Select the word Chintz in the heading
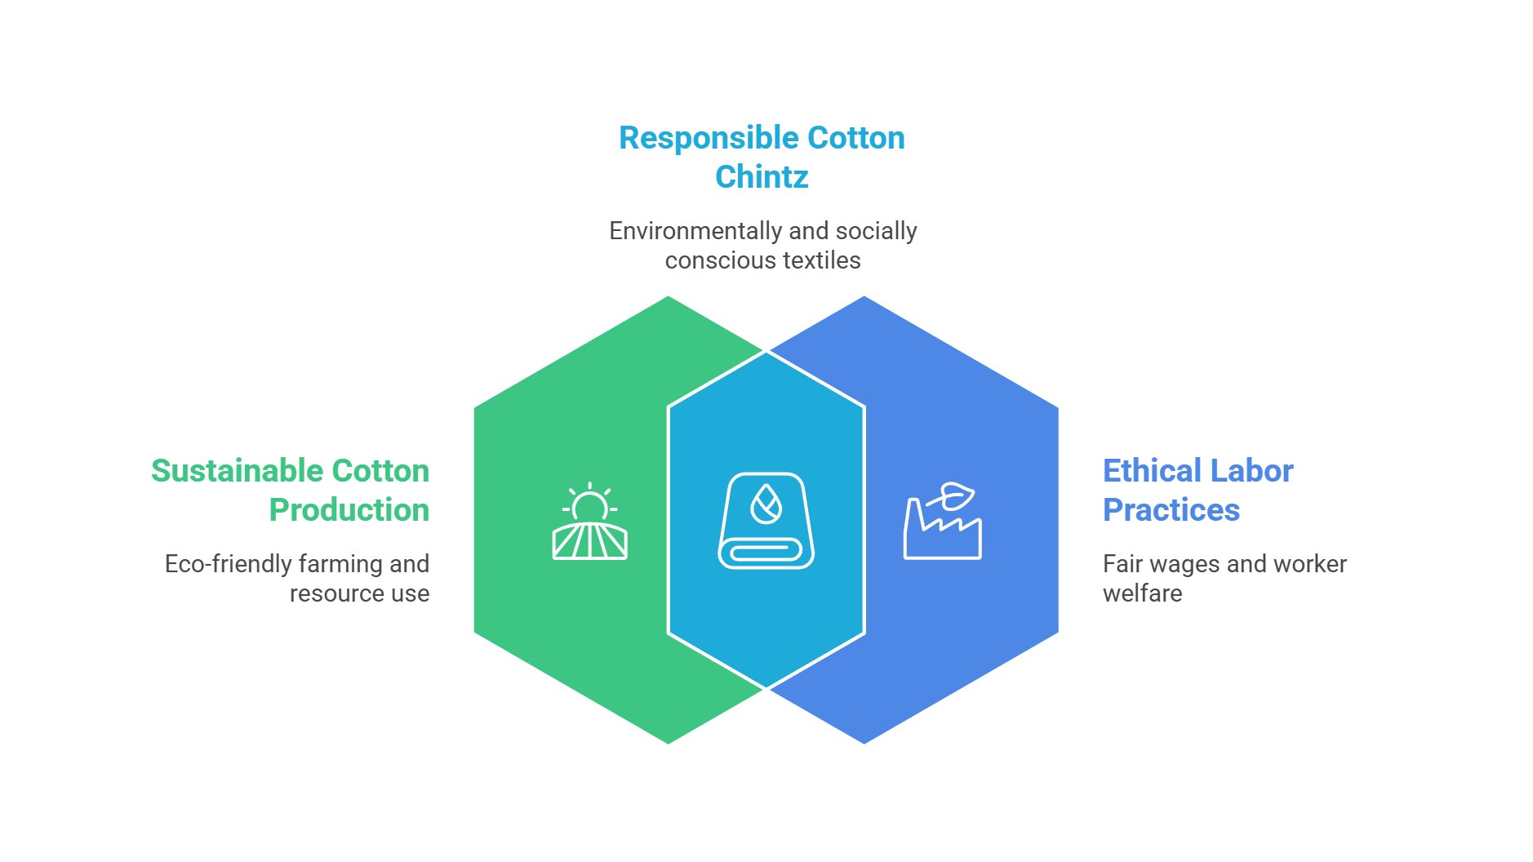point(762,176)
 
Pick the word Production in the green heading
point(349,510)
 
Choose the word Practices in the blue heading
point(1171,510)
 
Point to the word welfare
point(1142,593)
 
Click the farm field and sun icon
point(589,523)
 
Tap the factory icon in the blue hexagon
point(942,527)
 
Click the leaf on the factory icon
point(956,494)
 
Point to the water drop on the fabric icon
point(766,504)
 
